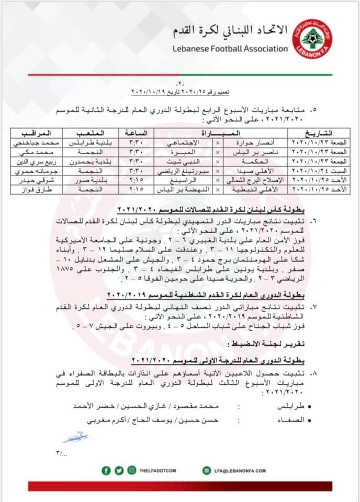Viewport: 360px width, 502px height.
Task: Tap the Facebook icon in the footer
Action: [x=106, y=471]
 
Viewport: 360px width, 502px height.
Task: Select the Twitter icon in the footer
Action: [x=119, y=471]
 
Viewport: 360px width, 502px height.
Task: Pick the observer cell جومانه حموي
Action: [x=35, y=169]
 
